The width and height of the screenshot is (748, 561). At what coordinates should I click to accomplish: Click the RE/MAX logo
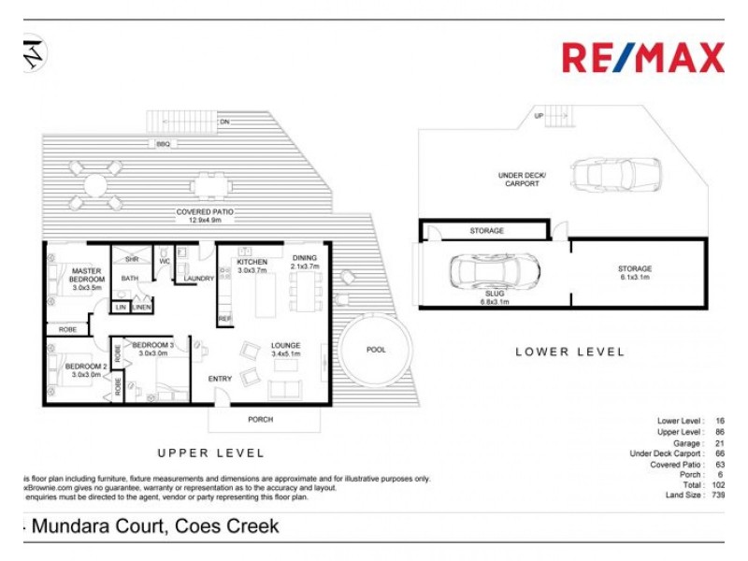click(642, 58)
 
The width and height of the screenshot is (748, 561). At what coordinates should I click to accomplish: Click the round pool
click(376, 350)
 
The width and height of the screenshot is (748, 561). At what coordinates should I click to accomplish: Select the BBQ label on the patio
click(164, 144)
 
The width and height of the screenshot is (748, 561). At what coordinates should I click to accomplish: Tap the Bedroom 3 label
click(153, 349)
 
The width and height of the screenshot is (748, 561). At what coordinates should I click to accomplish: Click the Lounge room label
click(285, 350)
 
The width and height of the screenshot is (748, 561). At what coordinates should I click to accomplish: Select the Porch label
click(261, 420)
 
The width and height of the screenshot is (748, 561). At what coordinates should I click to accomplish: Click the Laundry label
click(198, 279)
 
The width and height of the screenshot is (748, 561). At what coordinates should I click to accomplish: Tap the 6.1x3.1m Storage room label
click(633, 273)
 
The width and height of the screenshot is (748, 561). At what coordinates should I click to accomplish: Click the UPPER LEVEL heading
click(210, 453)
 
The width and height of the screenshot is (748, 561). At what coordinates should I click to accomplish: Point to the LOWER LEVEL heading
click(569, 352)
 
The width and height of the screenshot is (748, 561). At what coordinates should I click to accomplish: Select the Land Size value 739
click(718, 496)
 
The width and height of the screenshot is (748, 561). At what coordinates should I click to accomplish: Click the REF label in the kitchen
click(224, 319)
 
